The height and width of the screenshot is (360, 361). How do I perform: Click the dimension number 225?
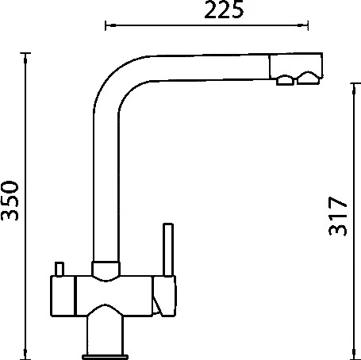(224, 10)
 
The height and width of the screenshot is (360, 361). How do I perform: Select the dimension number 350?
(10, 201)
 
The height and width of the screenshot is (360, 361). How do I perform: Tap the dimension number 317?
(337, 216)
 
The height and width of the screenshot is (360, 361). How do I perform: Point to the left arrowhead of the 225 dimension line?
(110, 25)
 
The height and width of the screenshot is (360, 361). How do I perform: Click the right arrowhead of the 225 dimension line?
(303, 25)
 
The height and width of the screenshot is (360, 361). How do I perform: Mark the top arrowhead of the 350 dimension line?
(25, 59)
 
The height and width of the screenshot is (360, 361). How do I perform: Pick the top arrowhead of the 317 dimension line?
(354, 89)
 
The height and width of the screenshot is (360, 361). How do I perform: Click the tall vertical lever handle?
(168, 250)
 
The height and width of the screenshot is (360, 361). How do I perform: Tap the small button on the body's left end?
(60, 269)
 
